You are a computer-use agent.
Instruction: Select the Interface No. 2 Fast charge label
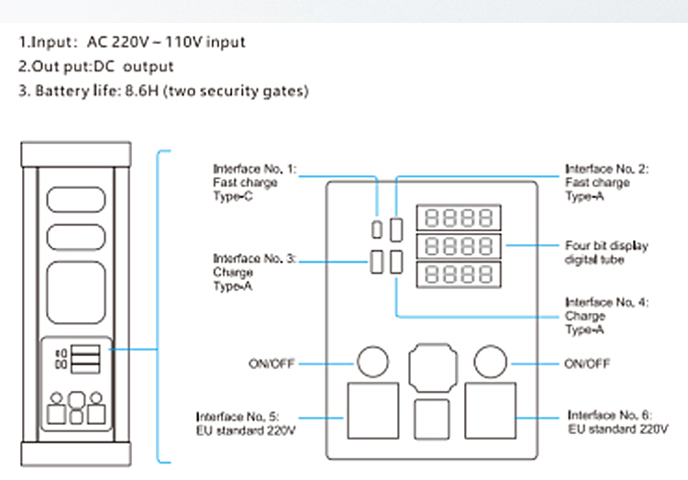[597, 183]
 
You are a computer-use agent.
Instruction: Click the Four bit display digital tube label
[606, 253]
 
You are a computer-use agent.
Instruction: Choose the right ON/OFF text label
[587, 363]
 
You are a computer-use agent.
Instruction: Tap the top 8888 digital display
[459, 218]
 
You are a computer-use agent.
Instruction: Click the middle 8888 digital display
[459, 247]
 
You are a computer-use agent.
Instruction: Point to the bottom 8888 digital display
[459, 275]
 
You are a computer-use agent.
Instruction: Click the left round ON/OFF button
[372, 363]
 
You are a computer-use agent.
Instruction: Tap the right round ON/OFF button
[490, 363]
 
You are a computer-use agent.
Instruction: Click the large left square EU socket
[372, 413]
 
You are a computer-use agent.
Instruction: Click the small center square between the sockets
[431, 419]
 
